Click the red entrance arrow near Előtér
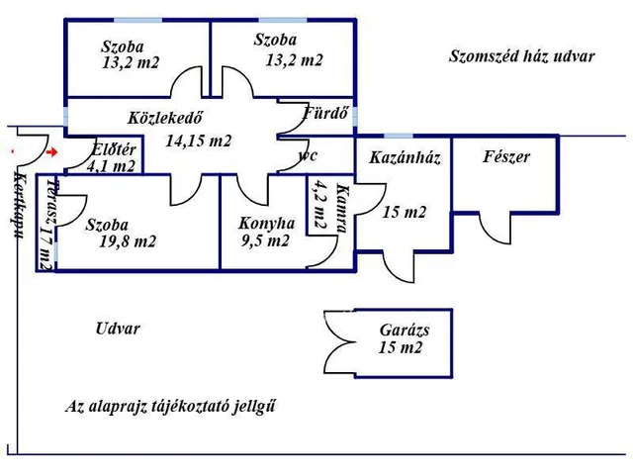point(53,152)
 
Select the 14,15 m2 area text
point(198,141)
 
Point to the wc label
point(308,155)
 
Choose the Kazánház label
point(405,156)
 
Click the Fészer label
point(505,156)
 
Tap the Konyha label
point(267,223)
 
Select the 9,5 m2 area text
point(265,239)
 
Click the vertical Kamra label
point(341,209)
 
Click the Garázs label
point(404,331)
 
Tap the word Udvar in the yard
point(118,329)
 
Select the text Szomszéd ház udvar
point(521,56)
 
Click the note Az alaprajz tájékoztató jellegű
point(170,407)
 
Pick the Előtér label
point(114,149)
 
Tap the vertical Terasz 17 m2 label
point(44,226)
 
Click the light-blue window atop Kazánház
point(399,136)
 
